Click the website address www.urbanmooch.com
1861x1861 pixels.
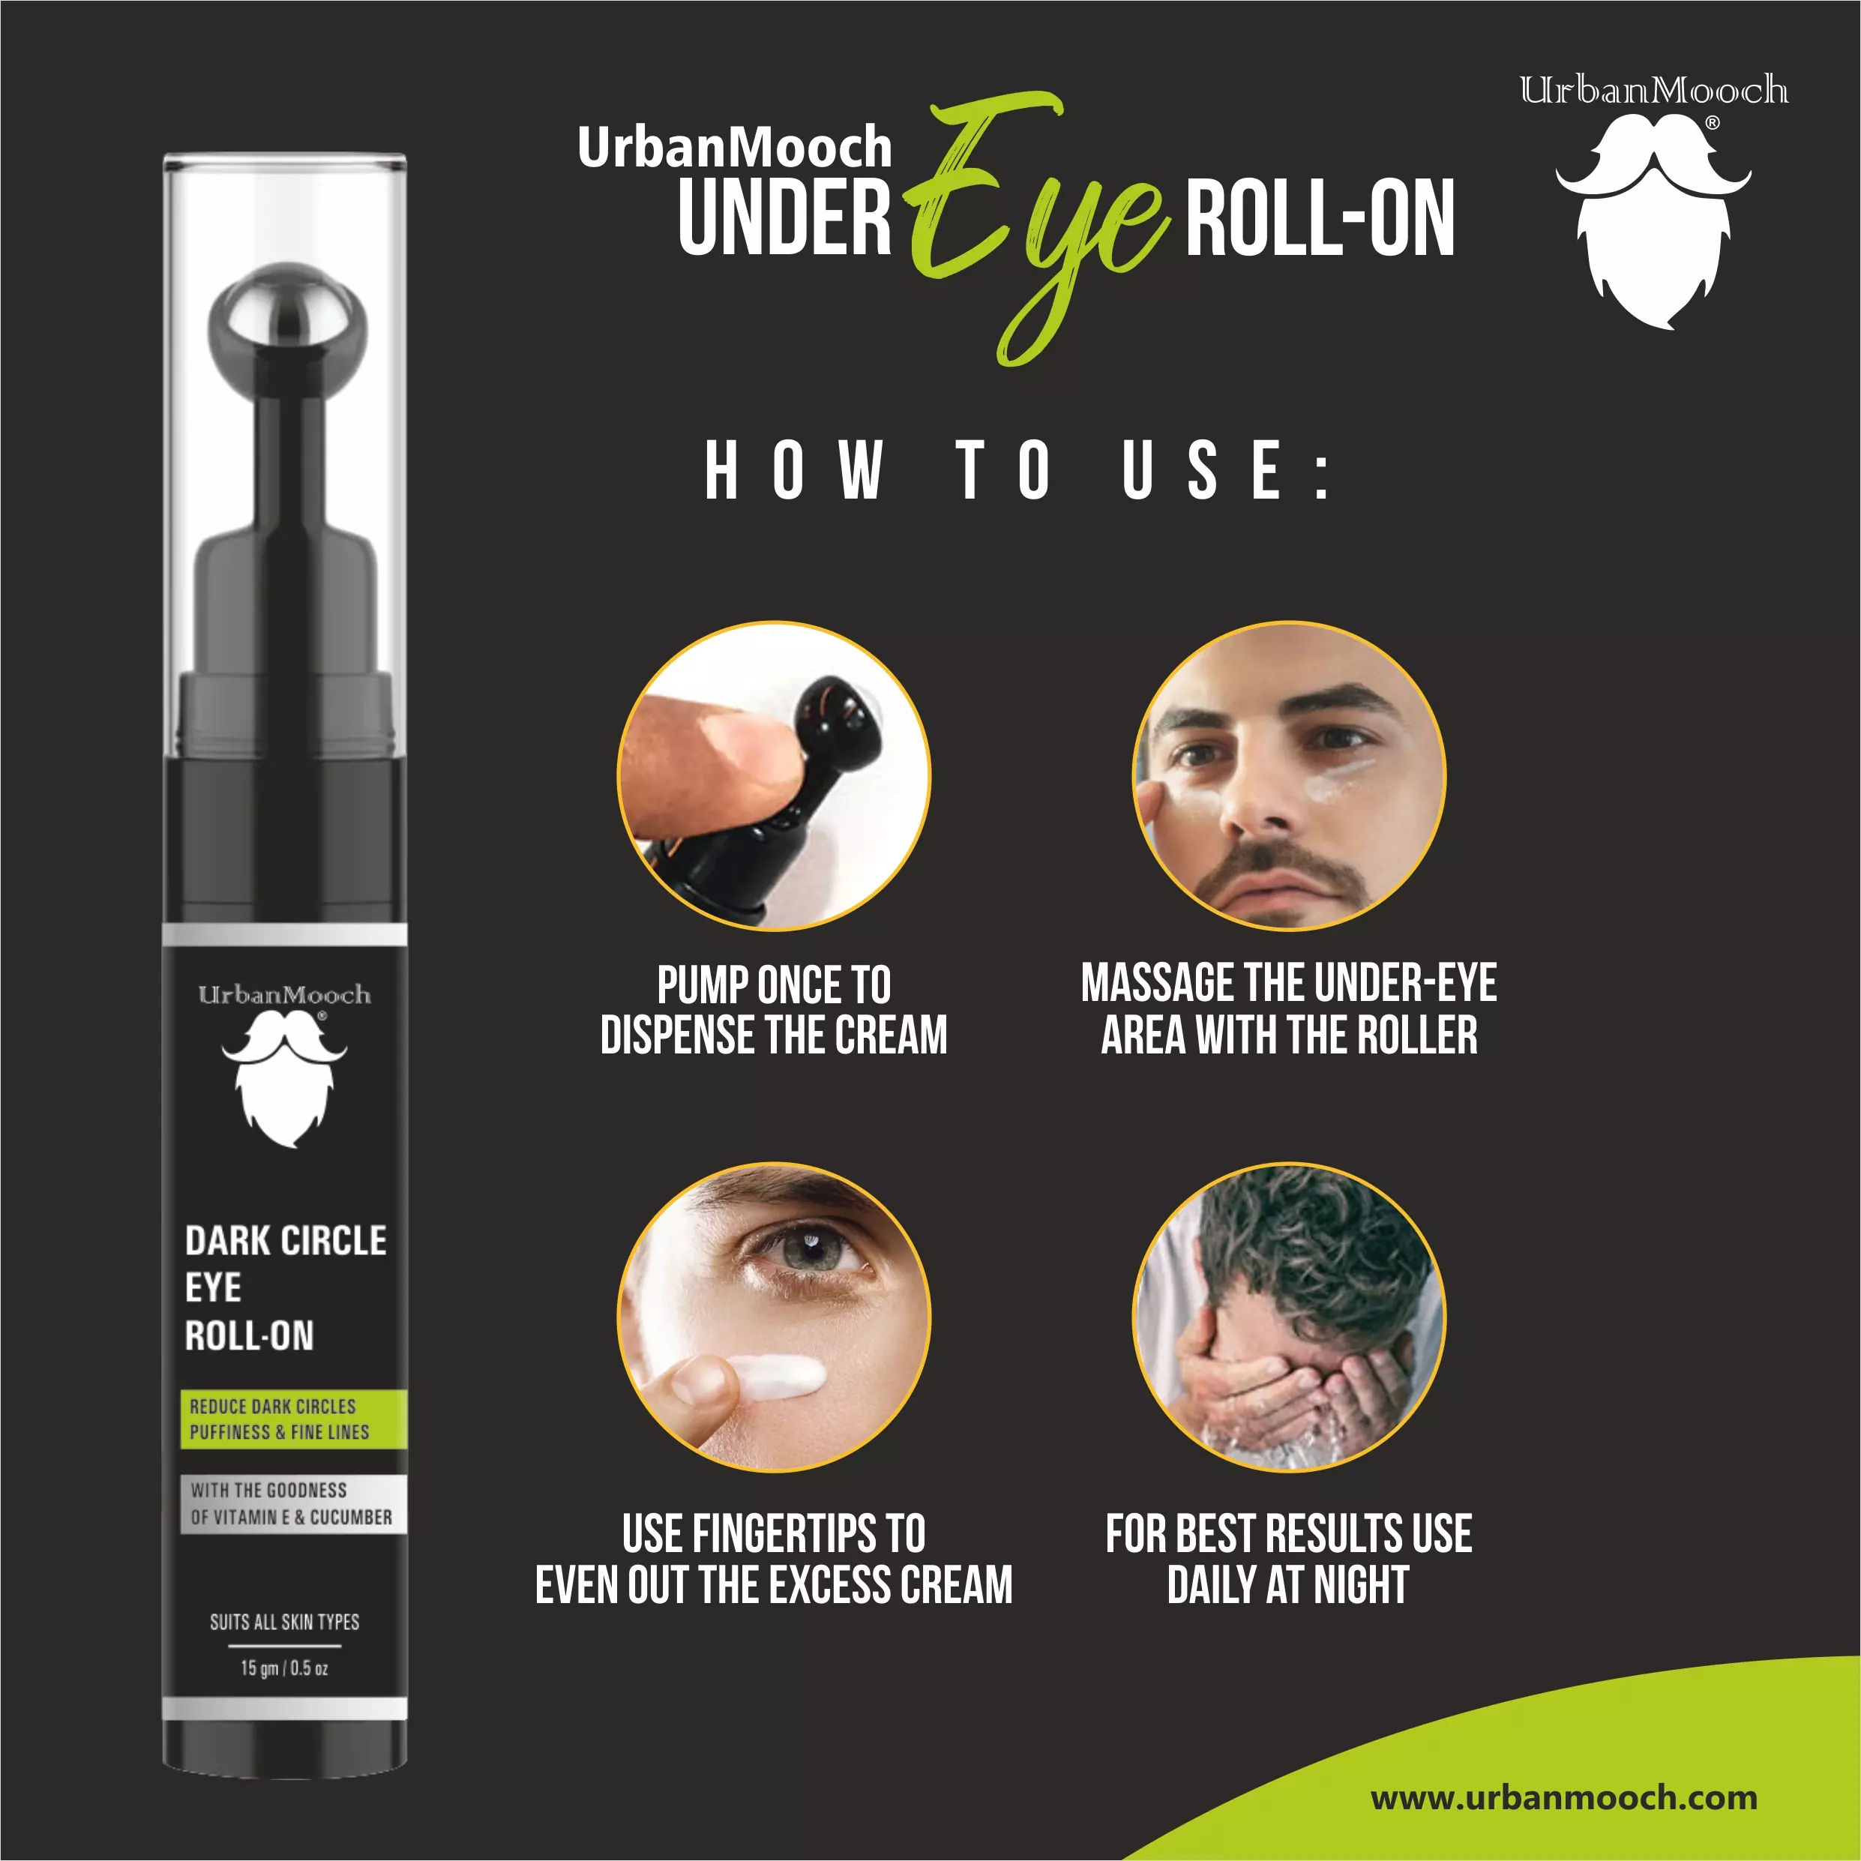click(x=1563, y=1797)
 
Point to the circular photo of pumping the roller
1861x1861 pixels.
click(x=774, y=775)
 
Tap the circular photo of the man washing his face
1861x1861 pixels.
click(x=1289, y=1317)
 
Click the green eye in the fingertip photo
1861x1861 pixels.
click(x=812, y=1252)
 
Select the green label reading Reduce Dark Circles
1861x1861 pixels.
click(x=293, y=1419)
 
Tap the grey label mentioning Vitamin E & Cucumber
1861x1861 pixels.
click(x=293, y=1503)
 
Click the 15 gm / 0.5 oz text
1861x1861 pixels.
click(x=284, y=1668)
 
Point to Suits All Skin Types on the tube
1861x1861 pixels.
click(x=284, y=1622)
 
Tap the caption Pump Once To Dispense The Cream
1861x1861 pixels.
click(x=774, y=1009)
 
